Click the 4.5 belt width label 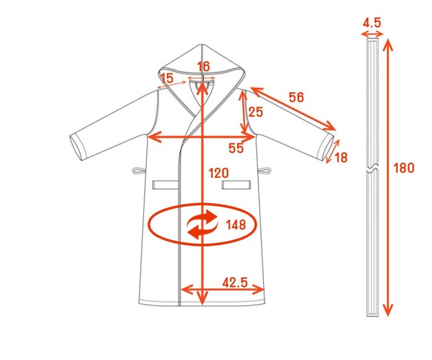[372, 23]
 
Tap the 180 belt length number [404, 168]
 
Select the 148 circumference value [236, 224]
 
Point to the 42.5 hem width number [235, 282]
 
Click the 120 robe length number [219, 173]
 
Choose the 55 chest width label [236, 148]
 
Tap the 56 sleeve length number [297, 97]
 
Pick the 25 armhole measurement [255, 112]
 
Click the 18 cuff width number [341, 157]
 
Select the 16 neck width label [204, 67]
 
